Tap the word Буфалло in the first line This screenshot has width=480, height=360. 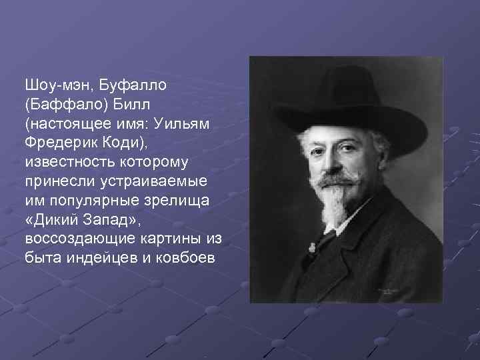point(133,85)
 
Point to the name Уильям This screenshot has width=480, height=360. point(187,124)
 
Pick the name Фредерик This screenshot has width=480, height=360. point(60,143)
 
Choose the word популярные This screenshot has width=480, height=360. point(87,200)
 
